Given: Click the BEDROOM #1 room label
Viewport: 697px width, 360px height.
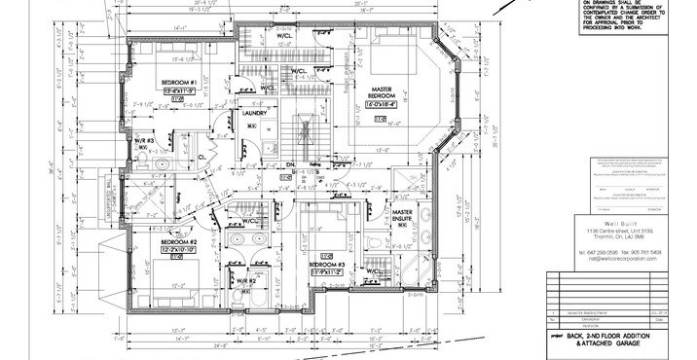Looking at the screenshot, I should coord(179,82).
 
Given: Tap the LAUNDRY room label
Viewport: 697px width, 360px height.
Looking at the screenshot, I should coord(255,113).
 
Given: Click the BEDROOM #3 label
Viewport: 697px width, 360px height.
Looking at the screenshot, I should coord(327,264).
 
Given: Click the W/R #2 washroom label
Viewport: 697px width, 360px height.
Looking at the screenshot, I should coord(244,281).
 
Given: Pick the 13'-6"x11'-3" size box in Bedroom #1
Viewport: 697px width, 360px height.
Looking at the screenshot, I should coord(179,90).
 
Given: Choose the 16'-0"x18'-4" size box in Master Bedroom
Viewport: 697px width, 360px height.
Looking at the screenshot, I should coord(381,101).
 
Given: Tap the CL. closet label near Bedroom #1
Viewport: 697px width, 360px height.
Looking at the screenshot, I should coord(202,154).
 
